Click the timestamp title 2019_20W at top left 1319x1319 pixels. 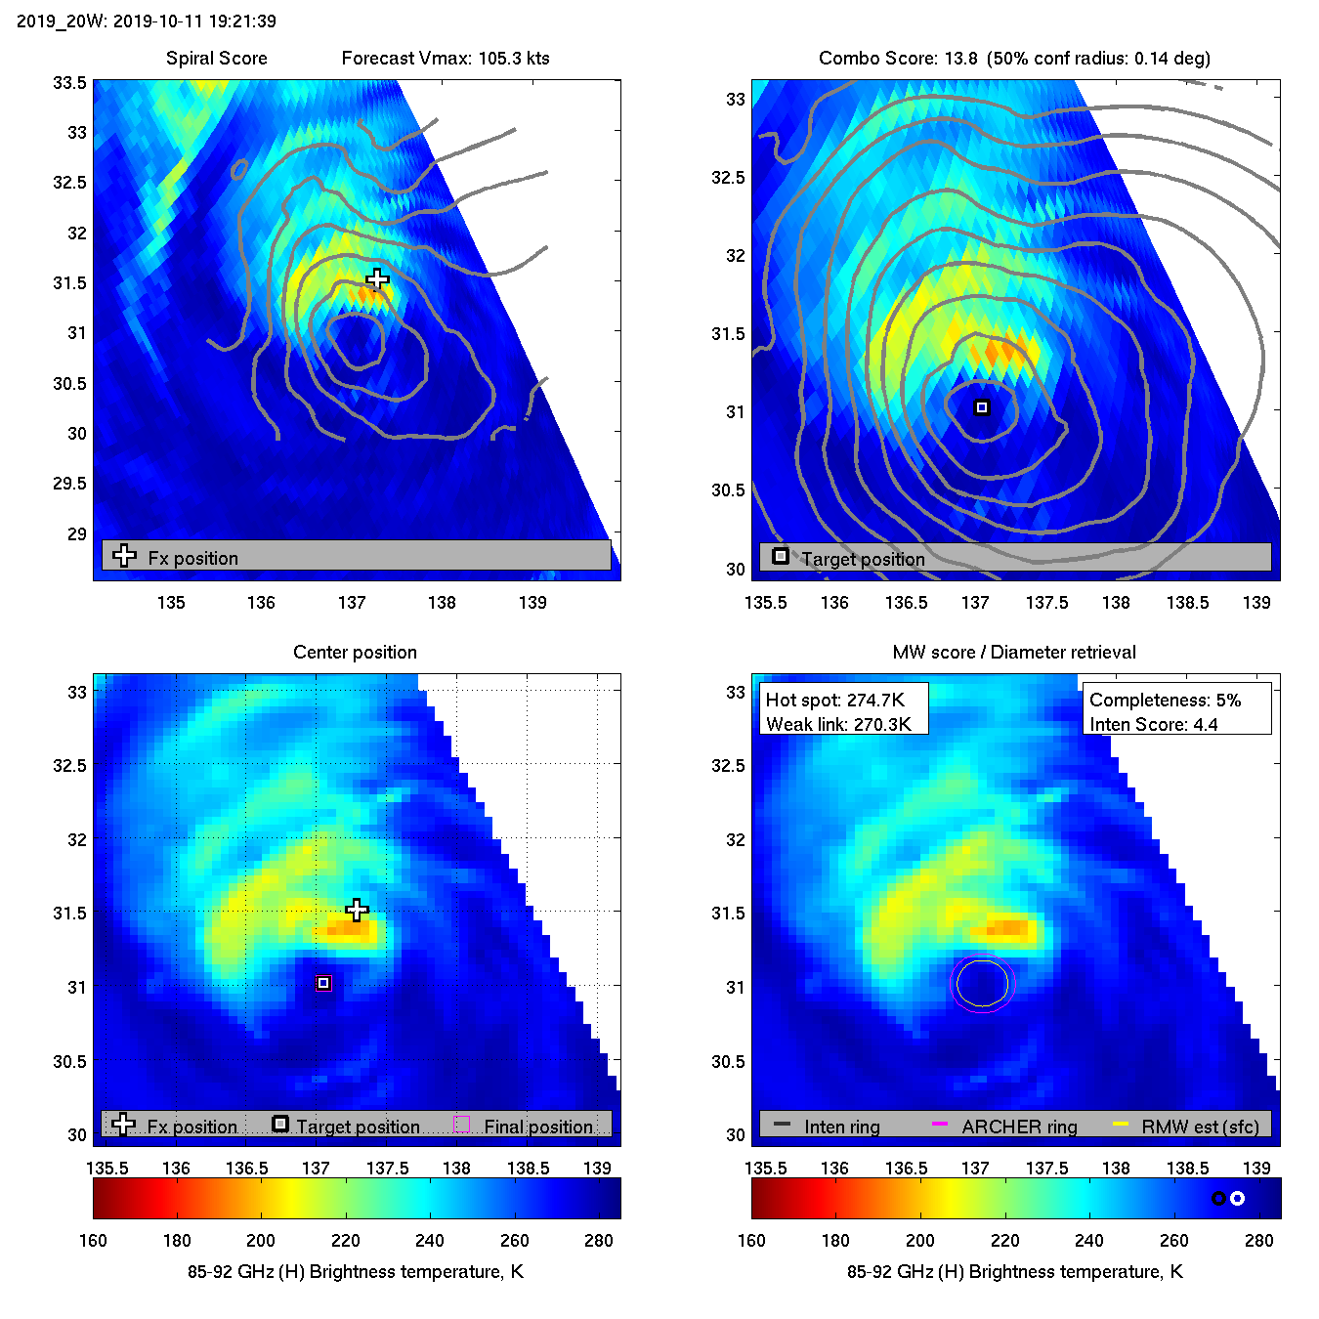click(x=147, y=21)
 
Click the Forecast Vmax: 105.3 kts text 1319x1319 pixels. click(x=446, y=59)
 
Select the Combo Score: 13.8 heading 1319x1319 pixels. click(x=898, y=59)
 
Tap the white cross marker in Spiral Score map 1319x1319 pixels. click(x=377, y=280)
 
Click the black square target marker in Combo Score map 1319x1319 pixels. click(x=982, y=407)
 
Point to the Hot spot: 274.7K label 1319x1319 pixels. click(x=835, y=700)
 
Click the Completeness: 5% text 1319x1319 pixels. click(x=1165, y=700)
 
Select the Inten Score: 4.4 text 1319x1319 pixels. click(x=1153, y=724)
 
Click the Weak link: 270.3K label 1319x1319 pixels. click(x=838, y=724)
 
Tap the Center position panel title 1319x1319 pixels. click(x=355, y=653)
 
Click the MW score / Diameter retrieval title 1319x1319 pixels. click(x=1014, y=653)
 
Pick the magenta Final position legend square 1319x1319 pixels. click(x=462, y=1125)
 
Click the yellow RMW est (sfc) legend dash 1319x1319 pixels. click(x=1121, y=1125)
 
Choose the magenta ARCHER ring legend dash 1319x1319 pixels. click(x=940, y=1125)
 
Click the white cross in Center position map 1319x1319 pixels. click(x=358, y=911)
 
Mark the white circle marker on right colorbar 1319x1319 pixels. click(x=1237, y=1199)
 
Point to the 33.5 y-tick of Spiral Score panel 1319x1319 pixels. click(x=69, y=83)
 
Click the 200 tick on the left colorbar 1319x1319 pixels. click(x=261, y=1241)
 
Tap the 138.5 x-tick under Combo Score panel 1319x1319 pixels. click(x=1187, y=603)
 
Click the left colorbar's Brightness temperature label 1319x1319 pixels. click(x=356, y=1272)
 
